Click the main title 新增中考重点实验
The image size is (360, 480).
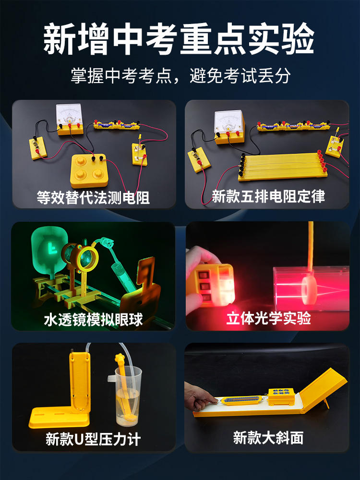pyautogui.click(x=179, y=39)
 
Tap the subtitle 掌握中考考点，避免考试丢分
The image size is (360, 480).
pyautogui.click(x=180, y=76)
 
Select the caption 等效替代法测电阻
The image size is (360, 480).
pyautogui.click(x=93, y=197)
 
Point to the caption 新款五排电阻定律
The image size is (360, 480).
pyautogui.click(x=268, y=196)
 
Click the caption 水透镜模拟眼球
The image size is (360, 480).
pyautogui.click(x=94, y=320)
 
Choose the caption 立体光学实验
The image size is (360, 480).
pyautogui.click(x=268, y=318)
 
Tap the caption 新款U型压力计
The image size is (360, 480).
pyautogui.click(x=93, y=439)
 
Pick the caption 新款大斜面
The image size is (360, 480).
pyautogui.click(x=268, y=438)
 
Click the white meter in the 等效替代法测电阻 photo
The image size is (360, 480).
pyautogui.click(x=70, y=119)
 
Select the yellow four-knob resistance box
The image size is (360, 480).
pyautogui.click(x=89, y=170)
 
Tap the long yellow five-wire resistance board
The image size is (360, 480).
pyautogui.click(x=282, y=167)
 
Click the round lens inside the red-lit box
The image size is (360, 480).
pyautogui.click(x=309, y=290)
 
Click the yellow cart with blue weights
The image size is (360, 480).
pyautogui.click(x=281, y=396)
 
